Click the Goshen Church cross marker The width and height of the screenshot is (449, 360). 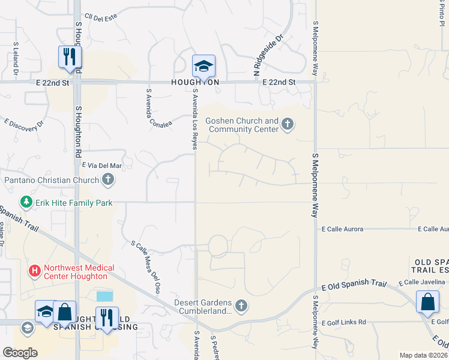point(288,125)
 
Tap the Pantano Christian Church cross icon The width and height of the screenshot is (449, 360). point(107,179)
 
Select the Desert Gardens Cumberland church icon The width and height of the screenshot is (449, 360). point(241,306)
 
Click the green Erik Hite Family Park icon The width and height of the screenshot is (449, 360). point(26,203)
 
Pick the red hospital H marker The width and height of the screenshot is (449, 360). point(35,272)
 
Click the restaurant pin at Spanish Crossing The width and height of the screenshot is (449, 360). point(107,318)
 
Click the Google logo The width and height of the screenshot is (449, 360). point(20,353)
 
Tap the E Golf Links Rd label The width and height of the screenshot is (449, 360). point(344,323)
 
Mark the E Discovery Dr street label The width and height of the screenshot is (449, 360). point(24,123)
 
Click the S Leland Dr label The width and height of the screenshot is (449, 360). point(16,60)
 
